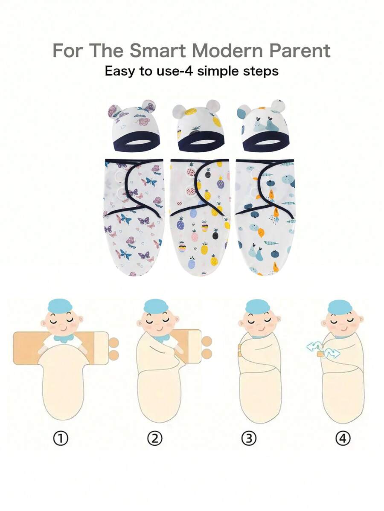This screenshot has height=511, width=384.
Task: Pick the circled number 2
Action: pos(155,438)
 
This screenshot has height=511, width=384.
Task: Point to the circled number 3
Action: pos(249,438)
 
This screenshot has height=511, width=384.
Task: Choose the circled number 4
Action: pos(343,438)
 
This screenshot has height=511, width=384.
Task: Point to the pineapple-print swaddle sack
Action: pos(200,218)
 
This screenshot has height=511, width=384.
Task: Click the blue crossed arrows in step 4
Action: pos(321,350)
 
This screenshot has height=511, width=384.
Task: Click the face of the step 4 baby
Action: pos(342,322)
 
